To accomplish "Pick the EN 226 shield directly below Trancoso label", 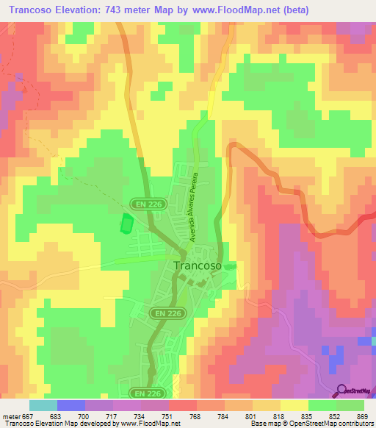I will click(x=170, y=313).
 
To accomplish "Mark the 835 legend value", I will click(x=309, y=416).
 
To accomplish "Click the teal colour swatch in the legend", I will click(x=43, y=405).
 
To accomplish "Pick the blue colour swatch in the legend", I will click(x=71, y=405).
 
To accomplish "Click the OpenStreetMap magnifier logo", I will click(x=342, y=390).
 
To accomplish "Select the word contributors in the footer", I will click(x=354, y=423).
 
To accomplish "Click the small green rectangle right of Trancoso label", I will click(x=231, y=266).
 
